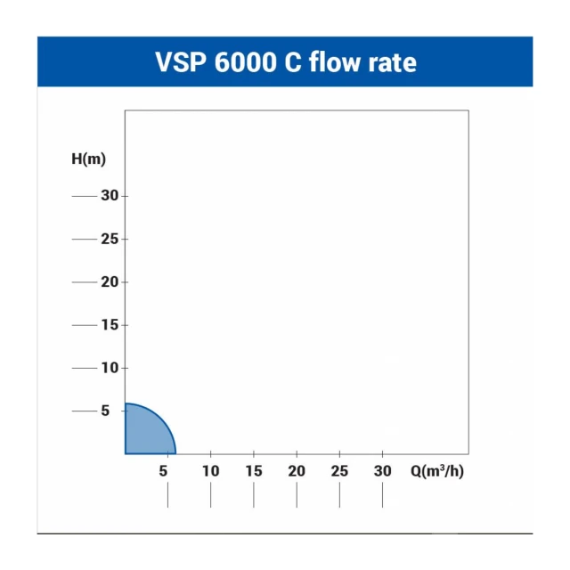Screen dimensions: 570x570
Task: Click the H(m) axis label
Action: (89, 159)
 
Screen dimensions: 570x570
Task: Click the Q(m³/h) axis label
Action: (437, 471)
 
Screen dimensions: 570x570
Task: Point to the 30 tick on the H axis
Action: (110, 196)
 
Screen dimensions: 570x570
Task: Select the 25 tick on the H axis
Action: (110, 239)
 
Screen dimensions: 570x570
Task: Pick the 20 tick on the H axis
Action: (110, 281)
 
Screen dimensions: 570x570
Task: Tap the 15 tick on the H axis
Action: (110, 325)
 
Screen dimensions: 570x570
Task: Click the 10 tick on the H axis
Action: (110, 368)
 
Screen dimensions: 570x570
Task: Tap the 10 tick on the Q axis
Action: (211, 471)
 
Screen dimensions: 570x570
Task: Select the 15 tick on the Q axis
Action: (254, 471)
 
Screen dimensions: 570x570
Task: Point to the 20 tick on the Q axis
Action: (297, 471)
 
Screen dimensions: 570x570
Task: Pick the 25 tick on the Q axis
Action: (339, 471)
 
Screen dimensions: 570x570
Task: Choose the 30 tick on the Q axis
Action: (383, 471)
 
